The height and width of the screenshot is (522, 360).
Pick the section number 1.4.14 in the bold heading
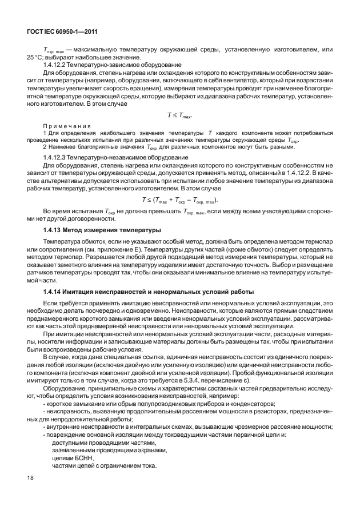(x=53, y=292)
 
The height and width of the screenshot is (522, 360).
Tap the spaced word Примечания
(x=64, y=126)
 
